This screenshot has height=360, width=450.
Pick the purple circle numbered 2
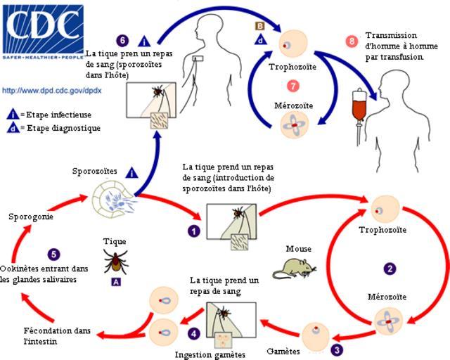(390, 268)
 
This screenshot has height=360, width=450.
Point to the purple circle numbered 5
(54, 255)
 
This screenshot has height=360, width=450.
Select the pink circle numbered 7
(293, 86)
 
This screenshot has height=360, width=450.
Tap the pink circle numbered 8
(352, 41)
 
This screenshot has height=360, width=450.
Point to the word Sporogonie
(31, 217)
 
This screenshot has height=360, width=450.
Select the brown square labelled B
(259, 27)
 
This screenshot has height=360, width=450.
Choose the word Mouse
(298, 248)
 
